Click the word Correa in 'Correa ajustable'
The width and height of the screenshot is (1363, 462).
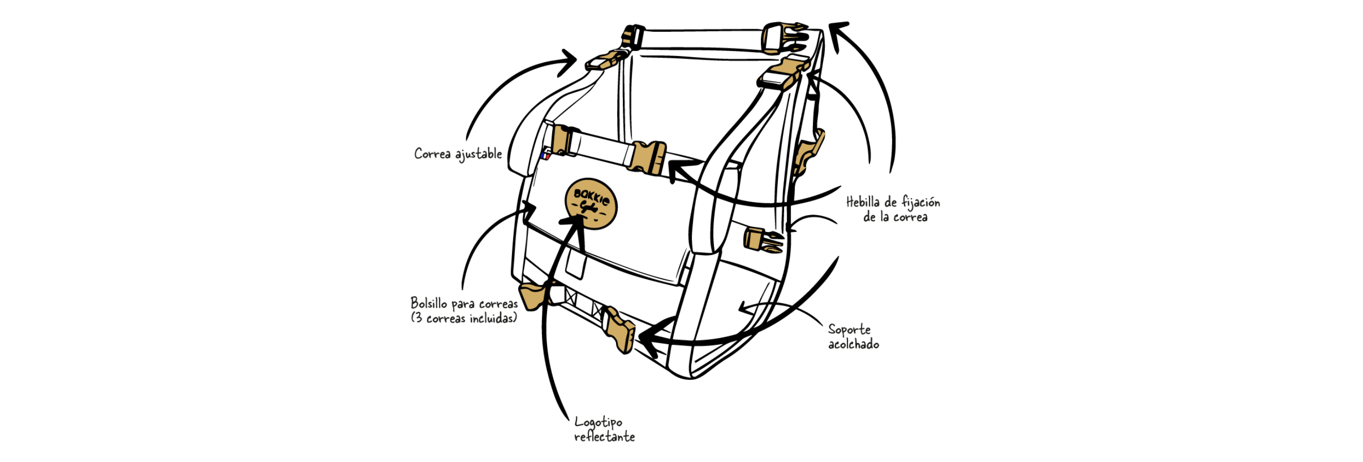(x=432, y=154)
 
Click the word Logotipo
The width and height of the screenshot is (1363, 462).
(x=599, y=422)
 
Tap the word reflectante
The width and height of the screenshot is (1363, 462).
(x=604, y=437)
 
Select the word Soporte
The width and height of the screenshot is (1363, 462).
(x=849, y=330)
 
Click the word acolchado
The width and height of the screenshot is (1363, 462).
(x=853, y=344)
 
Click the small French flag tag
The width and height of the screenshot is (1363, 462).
(x=545, y=156)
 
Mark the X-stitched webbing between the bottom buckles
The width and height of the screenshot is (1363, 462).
(x=583, y=300)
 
